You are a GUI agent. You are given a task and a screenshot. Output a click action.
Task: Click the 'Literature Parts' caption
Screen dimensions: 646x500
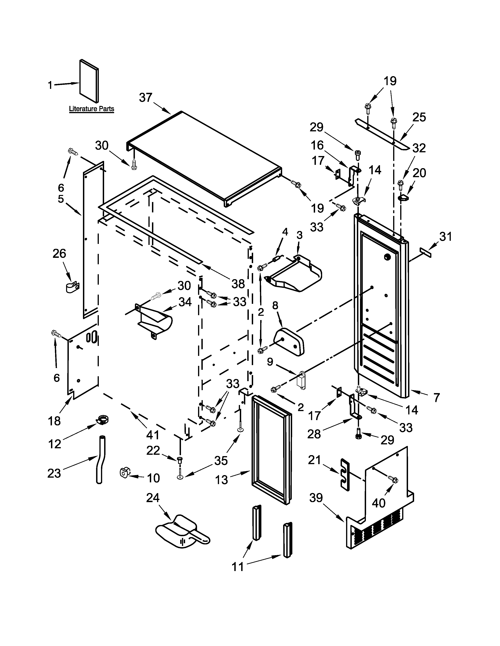[92, 109]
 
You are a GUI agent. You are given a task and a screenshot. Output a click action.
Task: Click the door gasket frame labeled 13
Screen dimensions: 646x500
[271, 450]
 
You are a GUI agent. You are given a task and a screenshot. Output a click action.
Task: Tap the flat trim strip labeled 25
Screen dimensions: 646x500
[382, 134]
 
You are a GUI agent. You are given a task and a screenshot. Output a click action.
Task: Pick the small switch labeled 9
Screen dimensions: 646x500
[301, 381]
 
